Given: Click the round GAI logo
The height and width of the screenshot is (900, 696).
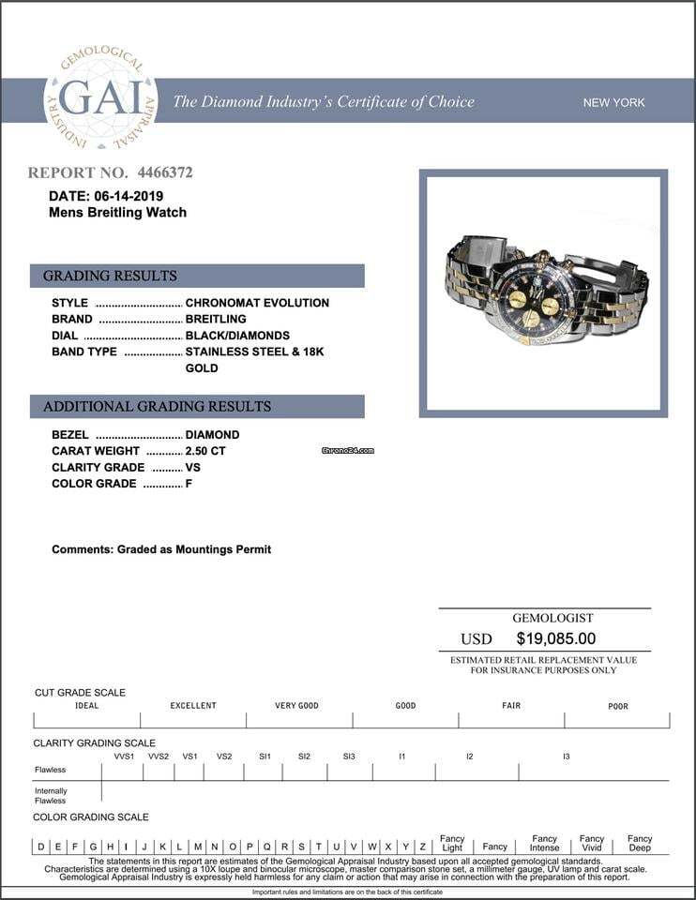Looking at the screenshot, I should pos(100,100).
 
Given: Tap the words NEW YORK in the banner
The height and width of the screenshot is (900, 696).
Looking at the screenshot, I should pos(613,102).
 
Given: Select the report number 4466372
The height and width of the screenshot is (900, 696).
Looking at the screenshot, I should pos(165,172).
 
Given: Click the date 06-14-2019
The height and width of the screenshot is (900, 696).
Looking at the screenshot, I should pos(129,196).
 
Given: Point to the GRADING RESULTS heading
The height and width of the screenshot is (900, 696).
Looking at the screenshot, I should pos(110,276).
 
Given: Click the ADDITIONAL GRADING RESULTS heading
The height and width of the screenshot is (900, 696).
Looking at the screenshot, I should pos(157,406).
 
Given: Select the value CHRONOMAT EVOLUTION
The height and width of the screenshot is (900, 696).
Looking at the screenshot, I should pos(257,303).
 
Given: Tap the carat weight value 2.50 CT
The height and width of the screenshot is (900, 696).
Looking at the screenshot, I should pos(205,451).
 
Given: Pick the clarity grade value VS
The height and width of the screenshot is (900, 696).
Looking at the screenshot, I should pos(193,467).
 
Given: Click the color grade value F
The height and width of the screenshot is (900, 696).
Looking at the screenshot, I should pos(189,484).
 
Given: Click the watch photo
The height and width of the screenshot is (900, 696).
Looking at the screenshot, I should pos(543,292).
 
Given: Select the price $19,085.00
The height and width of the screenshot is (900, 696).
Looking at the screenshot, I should pos(555,638).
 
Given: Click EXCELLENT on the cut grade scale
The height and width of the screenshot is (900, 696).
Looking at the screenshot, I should pos(193,706).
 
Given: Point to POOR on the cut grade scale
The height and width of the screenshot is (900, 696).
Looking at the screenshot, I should pos(617,706).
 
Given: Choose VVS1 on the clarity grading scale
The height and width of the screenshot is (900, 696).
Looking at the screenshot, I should pos(124,756).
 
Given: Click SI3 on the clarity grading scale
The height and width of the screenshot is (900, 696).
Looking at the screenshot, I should pos(349,756).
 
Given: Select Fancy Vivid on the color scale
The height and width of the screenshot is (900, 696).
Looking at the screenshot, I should pos(592,843).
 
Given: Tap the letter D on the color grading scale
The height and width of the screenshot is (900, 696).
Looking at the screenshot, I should pos(41,847).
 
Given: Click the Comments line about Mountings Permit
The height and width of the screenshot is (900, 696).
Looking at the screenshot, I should pos(161,549).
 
